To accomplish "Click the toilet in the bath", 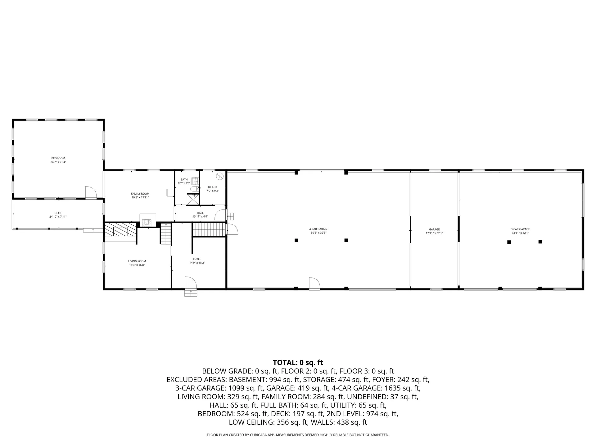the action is point(194,189).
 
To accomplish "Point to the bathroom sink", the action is point(195,181).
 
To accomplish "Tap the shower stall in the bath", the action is point(193,199).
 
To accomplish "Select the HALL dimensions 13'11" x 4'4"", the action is point(200,217).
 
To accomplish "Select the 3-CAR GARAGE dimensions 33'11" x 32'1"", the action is point(520,233).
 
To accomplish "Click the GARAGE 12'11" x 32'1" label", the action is point(434,231).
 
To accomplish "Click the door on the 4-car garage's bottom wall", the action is point(314,283).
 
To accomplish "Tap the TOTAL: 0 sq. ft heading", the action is point(298,363).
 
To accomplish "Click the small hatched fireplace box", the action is point(147,223).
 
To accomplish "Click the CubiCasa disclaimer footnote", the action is point(298,435).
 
